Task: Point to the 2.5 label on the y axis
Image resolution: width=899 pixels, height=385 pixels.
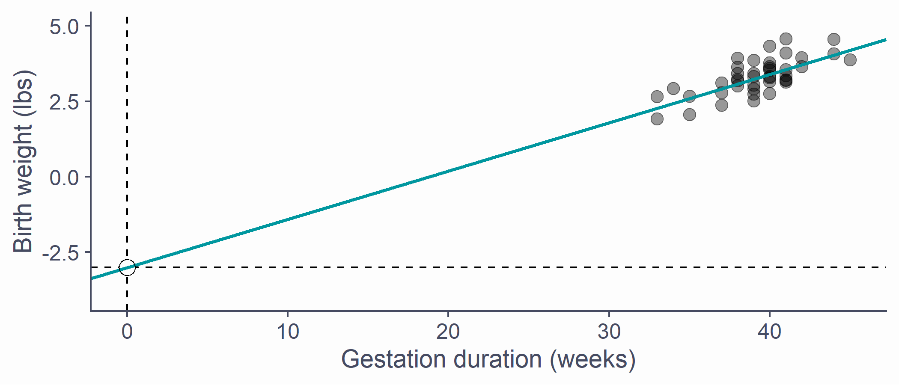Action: (x=64, y=102)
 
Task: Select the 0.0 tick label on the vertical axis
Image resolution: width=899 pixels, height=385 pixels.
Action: (x=64, y=178)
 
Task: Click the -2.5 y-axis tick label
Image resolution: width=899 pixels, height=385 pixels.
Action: (x=61, y=253)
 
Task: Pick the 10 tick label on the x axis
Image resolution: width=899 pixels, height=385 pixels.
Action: (x=288, y=332)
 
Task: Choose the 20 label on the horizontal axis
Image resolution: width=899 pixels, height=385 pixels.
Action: (x=448, y=332)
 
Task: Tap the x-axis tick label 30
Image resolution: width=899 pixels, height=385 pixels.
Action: (x=609, y=332)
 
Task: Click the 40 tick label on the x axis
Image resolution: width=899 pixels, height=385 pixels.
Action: (x=770, y=332)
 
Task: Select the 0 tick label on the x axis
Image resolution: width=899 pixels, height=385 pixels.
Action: (x=127, y=332)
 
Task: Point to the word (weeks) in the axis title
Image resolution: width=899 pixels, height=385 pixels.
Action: (x=592, y=360)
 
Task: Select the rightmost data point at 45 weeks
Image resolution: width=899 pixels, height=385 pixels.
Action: (x=850, y=59)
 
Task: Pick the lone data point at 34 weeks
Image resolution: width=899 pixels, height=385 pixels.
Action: (x=673, y=89)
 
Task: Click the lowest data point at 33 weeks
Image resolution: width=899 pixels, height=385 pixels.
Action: (x=657, y=119)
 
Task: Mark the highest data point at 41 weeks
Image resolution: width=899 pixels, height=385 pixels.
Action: (x=786, y=39)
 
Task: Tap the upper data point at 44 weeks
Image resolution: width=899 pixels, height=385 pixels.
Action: (x=834, y=39)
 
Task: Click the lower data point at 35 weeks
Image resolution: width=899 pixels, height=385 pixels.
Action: (x=690, y=115)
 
